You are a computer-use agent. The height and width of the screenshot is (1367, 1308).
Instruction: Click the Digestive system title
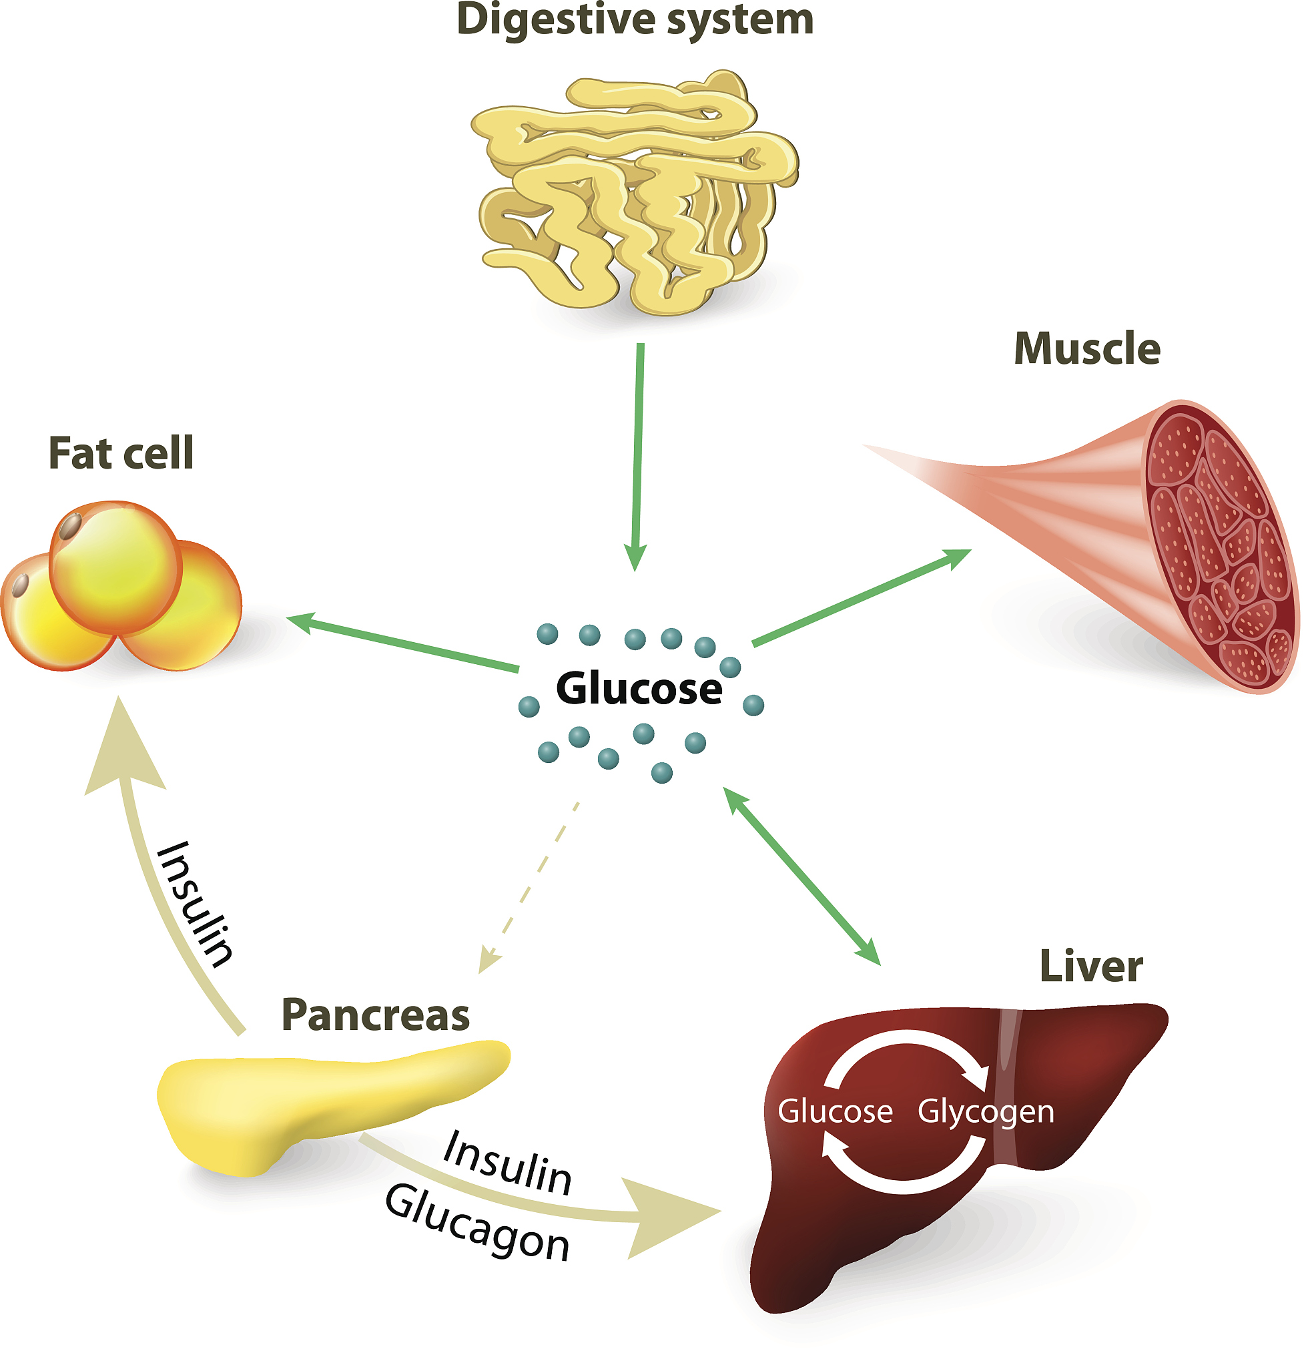(x=635, y=19)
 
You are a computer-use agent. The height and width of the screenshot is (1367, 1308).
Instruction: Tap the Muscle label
(x=1086, y=348)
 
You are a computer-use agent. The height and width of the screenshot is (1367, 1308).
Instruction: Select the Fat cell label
(x=121, y=454)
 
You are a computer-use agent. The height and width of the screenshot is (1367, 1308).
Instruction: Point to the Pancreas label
(x=375, y=1015)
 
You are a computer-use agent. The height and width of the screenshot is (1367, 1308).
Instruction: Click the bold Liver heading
(x=1090, y=967)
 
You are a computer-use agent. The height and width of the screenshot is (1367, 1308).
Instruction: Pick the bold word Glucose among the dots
(x=639, y=689)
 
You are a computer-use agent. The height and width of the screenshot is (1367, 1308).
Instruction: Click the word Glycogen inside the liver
(x=985, y=1112)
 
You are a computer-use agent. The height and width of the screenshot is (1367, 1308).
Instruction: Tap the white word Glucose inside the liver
(x=835, y=1112)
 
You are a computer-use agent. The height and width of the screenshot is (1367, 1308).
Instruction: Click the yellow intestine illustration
(x=635, y=196)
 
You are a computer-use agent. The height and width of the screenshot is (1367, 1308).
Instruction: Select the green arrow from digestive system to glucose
(x=638, y=453)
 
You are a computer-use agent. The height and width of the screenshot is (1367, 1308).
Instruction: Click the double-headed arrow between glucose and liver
(x=801, y=876)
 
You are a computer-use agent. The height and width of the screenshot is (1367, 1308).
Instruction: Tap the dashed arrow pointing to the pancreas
(x=530, y=886)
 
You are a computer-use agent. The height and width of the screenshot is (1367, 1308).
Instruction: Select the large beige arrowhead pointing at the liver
(x=669, y=1217)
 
